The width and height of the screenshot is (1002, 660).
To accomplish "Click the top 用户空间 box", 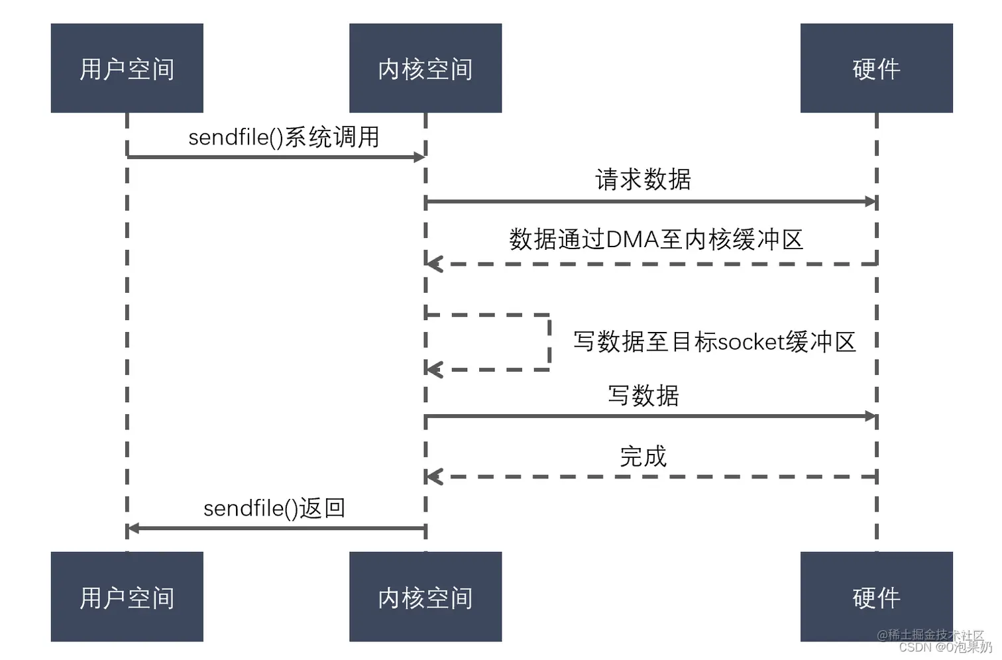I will pyautogui.click(x=127, y=68).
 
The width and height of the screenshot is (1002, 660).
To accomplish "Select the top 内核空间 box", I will pyautogui.click(x=425, y=68).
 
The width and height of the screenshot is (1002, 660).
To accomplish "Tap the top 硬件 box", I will pyautogui.click(x=876, y=68).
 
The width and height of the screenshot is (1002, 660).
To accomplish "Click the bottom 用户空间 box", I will pyautogui.click(x=127, y=596).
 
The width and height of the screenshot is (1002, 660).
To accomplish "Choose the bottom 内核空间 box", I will pyautogui.click(x=425, y=596).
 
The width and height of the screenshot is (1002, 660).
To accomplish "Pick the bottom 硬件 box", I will pyautogui.click(x=876, y=596).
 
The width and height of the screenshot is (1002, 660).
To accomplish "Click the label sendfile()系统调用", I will pyautogui.click(x=284, y=137).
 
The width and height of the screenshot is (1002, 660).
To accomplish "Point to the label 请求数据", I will pyautogui.click(x=643, y=180).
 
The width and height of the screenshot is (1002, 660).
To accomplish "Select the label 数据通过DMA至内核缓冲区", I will pyautogui.click(x=655, y=239).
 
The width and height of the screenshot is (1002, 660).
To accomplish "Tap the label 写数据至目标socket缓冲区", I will pyautogui.click(x=714, y=342).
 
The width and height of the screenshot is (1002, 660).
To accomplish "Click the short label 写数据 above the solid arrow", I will pyautogui.click(x=643, y=396).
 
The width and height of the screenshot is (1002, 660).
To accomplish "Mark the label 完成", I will pyautogui.click(x=643, y=457).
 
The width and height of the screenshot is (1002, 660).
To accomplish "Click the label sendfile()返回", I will pyautogui.click(x=274, y=508).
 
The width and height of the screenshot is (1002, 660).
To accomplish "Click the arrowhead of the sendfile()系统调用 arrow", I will pyautogui.click(x=419, y=157).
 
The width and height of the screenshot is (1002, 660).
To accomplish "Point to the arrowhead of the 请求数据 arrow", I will pyautogui.click(x=870, y=201).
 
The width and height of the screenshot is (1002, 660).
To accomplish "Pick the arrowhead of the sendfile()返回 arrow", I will pyautogui.click(x=133, y=528).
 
